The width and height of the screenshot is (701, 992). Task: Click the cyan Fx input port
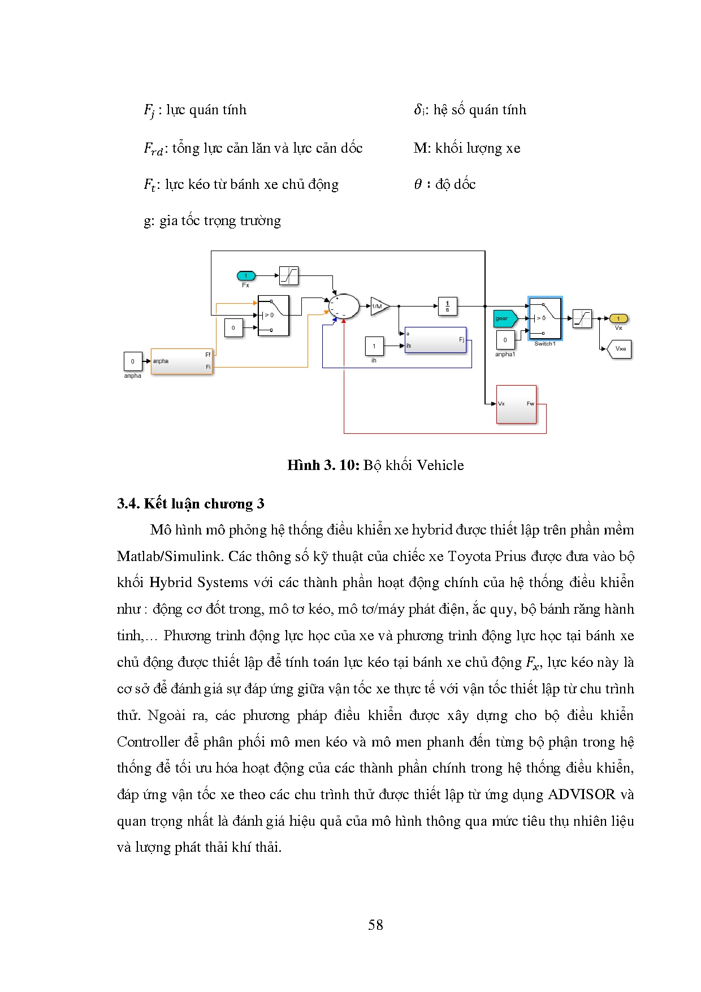[246, 276]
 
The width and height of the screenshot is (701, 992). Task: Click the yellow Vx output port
[618, 319]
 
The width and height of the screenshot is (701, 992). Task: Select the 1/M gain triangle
[379, 306]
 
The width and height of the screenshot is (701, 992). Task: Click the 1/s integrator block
[447, 306]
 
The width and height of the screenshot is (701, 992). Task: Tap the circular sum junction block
[344, 307]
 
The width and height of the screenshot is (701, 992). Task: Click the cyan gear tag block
[504, 318]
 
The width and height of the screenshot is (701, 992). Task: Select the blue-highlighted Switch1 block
[545, 318]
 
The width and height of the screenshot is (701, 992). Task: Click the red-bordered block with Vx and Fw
[516, 404]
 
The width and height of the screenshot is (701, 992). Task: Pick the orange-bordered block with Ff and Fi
[181, 361]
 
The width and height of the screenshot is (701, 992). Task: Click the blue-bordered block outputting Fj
[435, 340]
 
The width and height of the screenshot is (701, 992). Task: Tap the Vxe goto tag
[620, 349]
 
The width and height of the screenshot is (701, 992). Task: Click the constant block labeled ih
[374, 346]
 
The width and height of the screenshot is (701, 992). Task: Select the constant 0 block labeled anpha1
[505, 340]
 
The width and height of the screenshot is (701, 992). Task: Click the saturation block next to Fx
[289, 276]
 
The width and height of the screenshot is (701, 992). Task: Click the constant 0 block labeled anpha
[133, 361]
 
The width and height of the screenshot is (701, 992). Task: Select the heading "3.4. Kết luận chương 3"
[191, 504]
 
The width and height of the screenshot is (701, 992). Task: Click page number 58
[375, 925]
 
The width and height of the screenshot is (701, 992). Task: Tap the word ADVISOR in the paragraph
[581, 795]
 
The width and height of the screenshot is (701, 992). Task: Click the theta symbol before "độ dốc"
[418, 184]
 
